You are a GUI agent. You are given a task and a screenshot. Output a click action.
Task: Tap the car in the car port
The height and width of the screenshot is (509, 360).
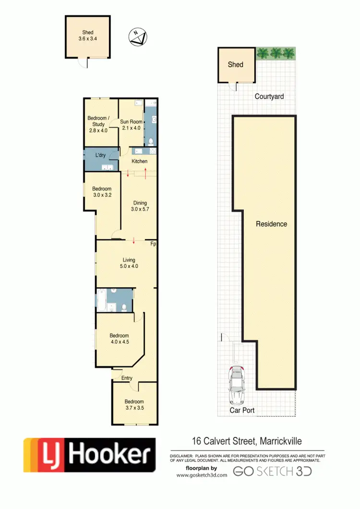click(x=237, y=385)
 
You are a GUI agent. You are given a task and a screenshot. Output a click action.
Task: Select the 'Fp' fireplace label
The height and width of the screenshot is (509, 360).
click(x=154, y=244)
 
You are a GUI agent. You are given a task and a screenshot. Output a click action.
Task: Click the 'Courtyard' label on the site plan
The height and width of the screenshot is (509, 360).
click(x=269, y=97)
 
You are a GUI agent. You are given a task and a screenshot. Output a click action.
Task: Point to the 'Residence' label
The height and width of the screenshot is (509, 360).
click(x=271, y=224)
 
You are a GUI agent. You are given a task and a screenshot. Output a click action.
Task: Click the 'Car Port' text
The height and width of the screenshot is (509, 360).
click(x=242, y=411)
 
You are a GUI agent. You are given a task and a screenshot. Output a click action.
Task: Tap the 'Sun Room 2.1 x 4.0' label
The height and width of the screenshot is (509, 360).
click(x=131, y=125)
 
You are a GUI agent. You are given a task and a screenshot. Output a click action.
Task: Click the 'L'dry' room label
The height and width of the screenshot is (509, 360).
click(x=100, y=155)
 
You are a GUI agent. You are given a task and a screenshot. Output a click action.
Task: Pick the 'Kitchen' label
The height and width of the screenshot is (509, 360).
click(x=140, y=161)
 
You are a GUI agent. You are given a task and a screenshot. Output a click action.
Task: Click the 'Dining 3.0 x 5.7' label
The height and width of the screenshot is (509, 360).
click(x=140, y=206)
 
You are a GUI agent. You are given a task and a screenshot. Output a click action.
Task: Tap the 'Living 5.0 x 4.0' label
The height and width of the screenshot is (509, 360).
click(x=129, y=263)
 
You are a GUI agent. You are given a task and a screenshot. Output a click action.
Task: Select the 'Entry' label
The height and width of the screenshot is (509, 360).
click(x=127, y=378)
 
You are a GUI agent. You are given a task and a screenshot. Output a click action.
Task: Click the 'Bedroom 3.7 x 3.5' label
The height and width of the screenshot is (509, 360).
click(x=134, y=405)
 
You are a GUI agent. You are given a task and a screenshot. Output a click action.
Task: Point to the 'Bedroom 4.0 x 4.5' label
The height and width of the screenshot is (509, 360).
click(x=119, y=339)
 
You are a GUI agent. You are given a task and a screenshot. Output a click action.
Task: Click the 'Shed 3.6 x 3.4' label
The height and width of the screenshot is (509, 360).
click(x=87, y=36)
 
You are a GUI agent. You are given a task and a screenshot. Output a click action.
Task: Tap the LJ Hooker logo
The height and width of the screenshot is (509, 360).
click(x=90, y=454)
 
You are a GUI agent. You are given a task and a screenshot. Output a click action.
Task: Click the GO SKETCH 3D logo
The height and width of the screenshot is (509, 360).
click(x=272, y=472)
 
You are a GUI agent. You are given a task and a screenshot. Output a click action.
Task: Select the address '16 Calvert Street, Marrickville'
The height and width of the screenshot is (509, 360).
click(x=244, y=441)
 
